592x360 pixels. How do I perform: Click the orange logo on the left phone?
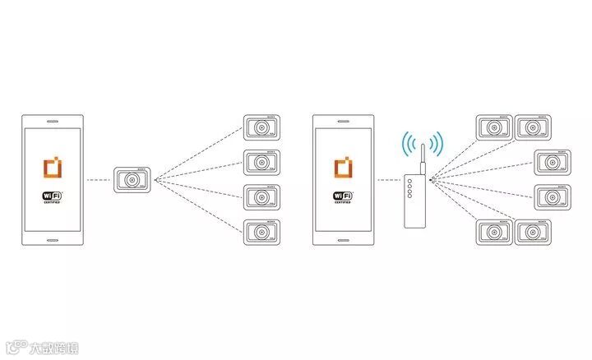click(x=52, y=168)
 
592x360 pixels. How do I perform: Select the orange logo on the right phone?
click(x=344, y=168)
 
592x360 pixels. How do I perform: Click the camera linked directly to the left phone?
click(x=134, y=180)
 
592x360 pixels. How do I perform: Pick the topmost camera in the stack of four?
click(x=262, y=128)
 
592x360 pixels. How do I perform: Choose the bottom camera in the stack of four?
click(x=262, y=232)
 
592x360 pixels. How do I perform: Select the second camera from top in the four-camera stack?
click(x=262, y=163)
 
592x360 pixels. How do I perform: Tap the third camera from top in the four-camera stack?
click(x=262, y=197)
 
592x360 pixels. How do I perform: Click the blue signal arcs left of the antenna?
click(x=407, y=144)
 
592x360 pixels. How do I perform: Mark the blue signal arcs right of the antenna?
click(x=437, y=144)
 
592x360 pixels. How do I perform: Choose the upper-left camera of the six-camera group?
click(x=494, y=128)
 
